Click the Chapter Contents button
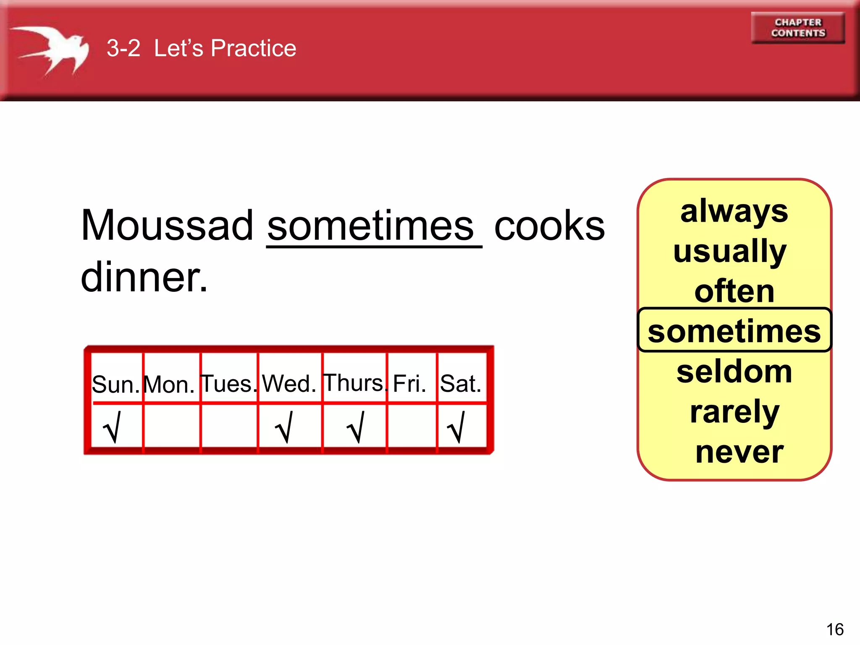(798, 28)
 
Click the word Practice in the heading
(253, 48)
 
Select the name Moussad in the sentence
(167, 225)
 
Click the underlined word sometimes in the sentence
(370, 226)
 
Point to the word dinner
(144, 277)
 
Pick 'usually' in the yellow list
(730, 252)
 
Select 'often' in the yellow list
(734, 291)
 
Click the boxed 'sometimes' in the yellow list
(734, 331)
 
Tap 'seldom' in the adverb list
(734, 371)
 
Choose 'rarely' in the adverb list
(734, 412)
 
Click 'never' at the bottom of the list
(739, 452)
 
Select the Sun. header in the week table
(115, 384)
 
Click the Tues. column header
(228, 384)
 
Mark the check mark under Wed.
(284, 427)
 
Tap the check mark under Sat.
(457, 427)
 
